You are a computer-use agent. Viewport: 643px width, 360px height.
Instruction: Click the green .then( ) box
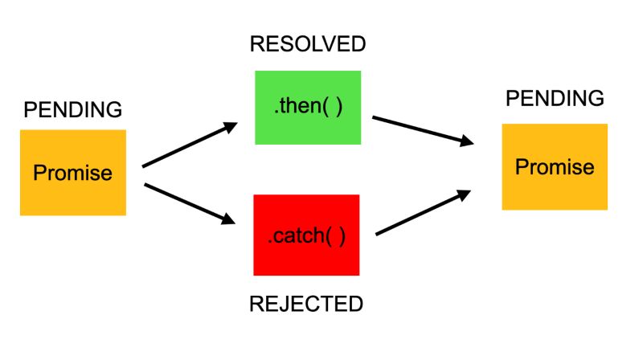[308, 108]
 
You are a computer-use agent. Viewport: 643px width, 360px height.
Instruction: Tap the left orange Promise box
[73, 173]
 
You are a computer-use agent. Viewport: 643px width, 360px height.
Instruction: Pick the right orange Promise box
[555, 167]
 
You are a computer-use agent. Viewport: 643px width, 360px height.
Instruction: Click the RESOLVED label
[307, 44]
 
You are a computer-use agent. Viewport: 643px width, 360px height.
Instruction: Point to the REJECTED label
[306, 304]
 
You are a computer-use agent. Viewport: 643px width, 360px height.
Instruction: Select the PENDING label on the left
[73, 109]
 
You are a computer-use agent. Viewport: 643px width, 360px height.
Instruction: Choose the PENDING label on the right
[555, 99]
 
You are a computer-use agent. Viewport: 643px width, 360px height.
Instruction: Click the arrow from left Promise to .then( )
[190, 145]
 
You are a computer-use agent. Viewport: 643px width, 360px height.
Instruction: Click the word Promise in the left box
[73, 173]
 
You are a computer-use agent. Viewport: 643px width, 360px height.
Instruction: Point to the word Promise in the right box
[555, 167]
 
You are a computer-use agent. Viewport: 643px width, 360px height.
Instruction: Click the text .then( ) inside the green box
[308, 108]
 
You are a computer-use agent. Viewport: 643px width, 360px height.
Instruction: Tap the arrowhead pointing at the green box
[231, 126]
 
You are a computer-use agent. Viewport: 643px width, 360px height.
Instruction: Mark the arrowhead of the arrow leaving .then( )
[465, 142]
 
